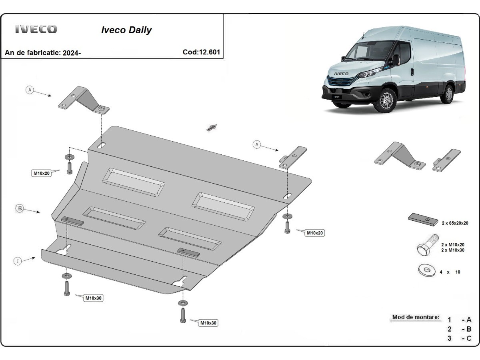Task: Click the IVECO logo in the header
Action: [x=36, y=29]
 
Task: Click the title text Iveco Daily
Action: [x=126, y=30]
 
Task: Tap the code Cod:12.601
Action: [x=201, y=52]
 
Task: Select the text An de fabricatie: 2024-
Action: [x=43, y=53]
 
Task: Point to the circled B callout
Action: [x=19, y=208]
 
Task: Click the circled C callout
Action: [x=18, y=262]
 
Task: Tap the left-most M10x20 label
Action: [x=41, y=173]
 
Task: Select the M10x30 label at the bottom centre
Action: [x=208, y=323]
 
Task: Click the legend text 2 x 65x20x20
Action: [x=455, y=224]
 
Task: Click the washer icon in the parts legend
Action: [x=427, y=271]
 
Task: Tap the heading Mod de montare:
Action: [x=416, y=317]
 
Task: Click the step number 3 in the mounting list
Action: [x=450, y=338]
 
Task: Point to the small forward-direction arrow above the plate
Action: [x=211, y=128]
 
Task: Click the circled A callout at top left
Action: [x=30, y=90]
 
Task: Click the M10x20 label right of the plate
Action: [x=315, y=232]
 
